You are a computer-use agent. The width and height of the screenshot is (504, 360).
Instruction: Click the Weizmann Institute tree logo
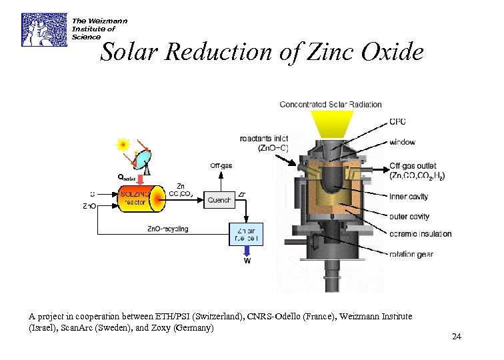(x=44, y=29)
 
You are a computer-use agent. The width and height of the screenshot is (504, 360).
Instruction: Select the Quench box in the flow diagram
(x=219, y=199)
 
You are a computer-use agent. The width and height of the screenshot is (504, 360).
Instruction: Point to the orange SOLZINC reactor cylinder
(x=139, y=198)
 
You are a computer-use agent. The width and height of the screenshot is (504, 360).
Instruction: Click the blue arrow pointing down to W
(x=246, y=251)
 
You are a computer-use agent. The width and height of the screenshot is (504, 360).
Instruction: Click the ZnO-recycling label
(x=167, y=229)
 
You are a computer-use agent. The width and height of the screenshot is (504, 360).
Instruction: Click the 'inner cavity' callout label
(x=409, y=197)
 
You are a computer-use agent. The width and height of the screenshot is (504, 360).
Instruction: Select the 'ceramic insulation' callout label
(x=420, y=234)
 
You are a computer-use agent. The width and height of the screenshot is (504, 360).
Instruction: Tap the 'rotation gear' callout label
(x=411, y=254)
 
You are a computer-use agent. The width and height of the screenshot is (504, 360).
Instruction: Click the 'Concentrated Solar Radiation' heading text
(x=331, y=104)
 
